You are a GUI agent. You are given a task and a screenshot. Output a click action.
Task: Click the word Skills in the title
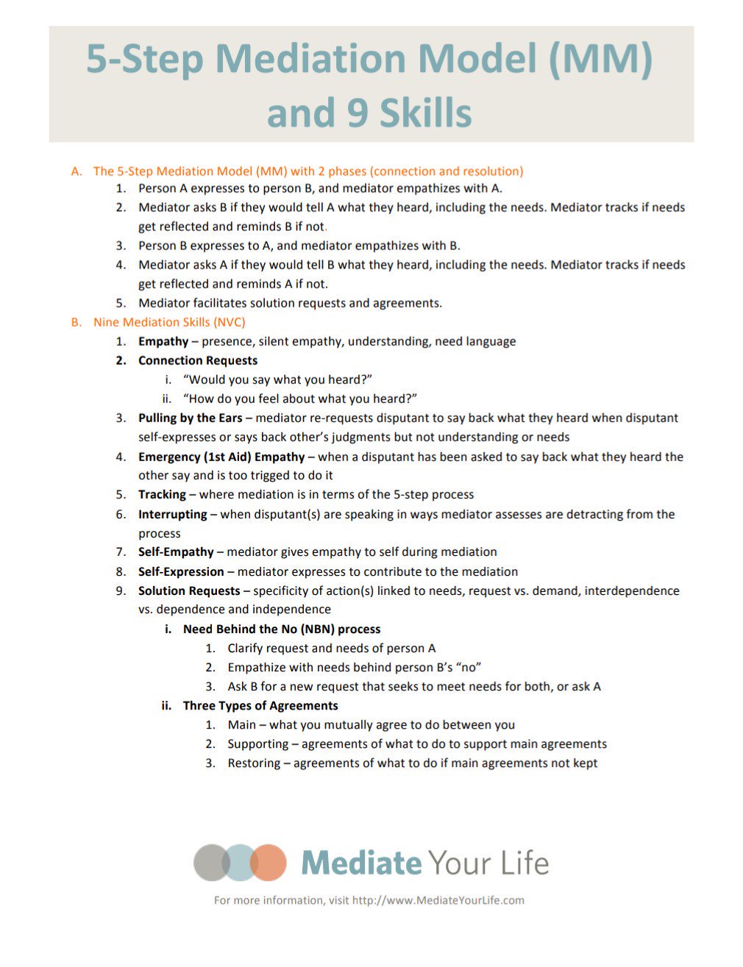pos(425,113)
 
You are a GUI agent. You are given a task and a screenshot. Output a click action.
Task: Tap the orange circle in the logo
pos(268,862)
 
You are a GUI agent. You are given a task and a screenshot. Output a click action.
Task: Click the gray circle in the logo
pos(211,862)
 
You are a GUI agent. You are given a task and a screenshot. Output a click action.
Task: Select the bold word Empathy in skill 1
pos(163,341)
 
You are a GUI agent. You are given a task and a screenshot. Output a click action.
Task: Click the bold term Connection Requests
pos(198,360)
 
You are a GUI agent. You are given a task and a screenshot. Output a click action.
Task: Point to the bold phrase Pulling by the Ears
pos(190,418)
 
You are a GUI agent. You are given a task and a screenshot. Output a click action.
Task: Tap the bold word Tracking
pos(162,494)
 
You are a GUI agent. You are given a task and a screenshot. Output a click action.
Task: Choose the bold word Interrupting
pos(172,514)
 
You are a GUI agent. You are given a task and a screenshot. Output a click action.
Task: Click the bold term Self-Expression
pos(181,571)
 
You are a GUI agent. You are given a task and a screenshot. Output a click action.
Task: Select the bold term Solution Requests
pos(189,590)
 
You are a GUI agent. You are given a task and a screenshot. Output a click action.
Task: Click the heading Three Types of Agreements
pos(260,705)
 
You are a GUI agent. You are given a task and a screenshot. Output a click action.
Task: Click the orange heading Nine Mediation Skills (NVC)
pos(169,322)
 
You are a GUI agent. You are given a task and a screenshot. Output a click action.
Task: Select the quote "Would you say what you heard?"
pos(277,379)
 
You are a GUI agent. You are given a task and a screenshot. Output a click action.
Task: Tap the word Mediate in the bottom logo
pos(361,863)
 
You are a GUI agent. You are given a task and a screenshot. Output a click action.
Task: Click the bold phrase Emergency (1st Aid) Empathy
pos(221,457)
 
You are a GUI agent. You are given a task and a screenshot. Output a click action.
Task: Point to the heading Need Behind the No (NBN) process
pos(282,629)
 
